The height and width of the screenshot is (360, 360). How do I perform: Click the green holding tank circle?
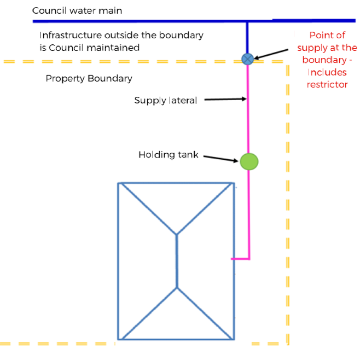pos(249,161)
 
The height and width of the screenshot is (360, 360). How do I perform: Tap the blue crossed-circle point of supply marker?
pos(248,59)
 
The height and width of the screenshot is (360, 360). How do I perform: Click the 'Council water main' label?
pos(77,10)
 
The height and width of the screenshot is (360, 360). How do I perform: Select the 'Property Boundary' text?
pos(89,78)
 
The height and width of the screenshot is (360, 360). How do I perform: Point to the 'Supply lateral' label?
pos(165,100)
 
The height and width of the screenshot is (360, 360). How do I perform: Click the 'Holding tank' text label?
pos(169,155)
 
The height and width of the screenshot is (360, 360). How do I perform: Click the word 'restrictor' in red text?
pos(327,85)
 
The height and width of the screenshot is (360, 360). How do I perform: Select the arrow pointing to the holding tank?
pos(222,158)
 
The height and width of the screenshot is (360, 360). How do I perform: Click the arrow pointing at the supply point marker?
pos(271,54)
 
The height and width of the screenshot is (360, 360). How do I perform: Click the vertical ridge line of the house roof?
pos(177,261)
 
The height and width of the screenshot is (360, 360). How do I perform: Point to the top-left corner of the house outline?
pos(119,183)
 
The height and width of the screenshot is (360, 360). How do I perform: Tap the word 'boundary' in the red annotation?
pos(324,60)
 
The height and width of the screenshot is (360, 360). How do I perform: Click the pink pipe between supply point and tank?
pos(248,109)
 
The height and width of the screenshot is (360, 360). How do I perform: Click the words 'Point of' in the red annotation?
pos(327,35)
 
